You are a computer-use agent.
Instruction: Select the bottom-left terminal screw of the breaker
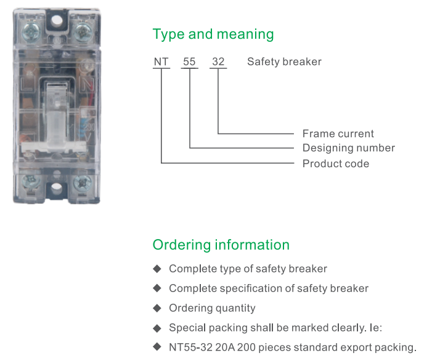tap(29, 183)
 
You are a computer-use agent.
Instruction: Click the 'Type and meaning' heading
tap(213, 34)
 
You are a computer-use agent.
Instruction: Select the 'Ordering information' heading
tap(221, 245)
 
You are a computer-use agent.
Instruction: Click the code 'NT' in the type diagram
tap(161, 62)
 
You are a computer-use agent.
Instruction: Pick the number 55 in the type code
tap(190, 62)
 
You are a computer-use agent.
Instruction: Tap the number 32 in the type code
tap(218, 62)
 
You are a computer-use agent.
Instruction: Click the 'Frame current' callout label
tap(338, 134)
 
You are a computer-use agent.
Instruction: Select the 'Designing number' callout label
tap(348, 148)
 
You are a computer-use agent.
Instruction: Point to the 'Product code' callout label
tap(335, 164)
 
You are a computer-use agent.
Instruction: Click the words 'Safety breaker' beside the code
tap(284, 62)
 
